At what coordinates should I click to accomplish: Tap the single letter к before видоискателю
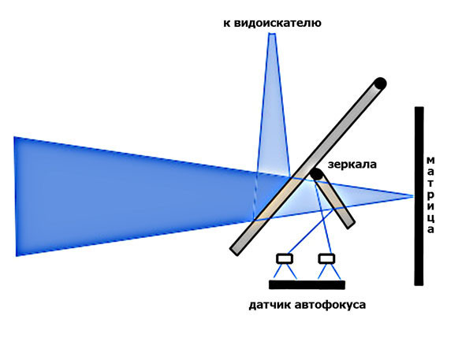(x=228, y=24)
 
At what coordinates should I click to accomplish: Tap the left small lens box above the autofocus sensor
(x=285, y=258)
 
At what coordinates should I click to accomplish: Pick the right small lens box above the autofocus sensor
(x=326, y=258)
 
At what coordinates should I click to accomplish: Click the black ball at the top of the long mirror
(x=380, y=82)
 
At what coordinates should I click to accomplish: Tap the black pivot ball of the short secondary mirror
(x=316, y=173)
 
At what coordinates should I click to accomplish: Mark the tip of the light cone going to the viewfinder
(x=272, y=35)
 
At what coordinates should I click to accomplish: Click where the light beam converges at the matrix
(x=412, y=195)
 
